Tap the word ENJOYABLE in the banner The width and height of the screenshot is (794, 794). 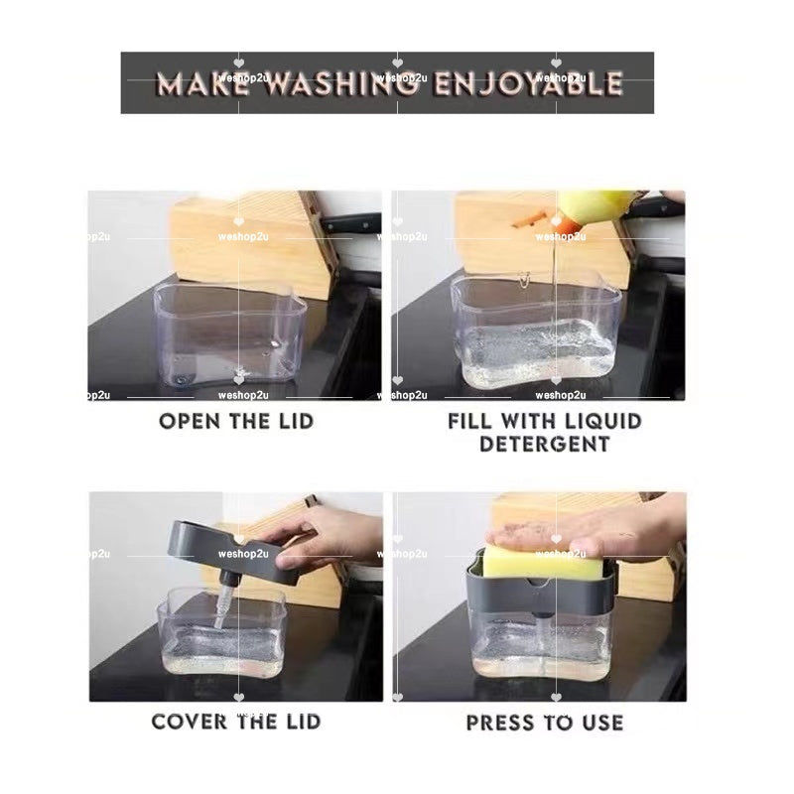click(x=528, y=83)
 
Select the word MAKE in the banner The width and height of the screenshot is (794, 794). click(x=203, y=83)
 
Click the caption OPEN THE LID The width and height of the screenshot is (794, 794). click(x=236, y=421)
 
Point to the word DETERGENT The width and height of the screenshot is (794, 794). click(x=545, y=444)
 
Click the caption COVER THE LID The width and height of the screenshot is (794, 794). click(x=236, y=723)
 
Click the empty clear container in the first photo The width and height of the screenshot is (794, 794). click(x=230, y=335)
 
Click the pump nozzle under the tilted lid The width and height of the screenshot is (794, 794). click(x=224, y=601)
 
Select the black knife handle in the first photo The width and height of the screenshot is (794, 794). click(x=352, y=223)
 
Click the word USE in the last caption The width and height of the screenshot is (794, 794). click(x=602, y=723)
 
